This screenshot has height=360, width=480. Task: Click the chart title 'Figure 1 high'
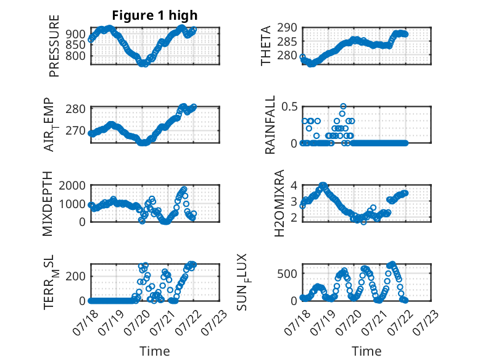(155, 15)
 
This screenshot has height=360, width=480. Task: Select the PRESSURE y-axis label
(54, 46)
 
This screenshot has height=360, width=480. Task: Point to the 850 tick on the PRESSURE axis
(76, 45)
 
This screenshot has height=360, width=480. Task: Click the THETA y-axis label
(266, 46)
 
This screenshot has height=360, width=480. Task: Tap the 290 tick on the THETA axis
(287, 28)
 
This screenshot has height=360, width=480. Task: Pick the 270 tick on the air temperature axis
(75, 130)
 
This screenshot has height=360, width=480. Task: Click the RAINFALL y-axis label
(270, 125)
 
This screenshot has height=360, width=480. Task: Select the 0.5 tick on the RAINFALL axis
(289, 107)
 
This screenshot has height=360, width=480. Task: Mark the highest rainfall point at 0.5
(343, 106)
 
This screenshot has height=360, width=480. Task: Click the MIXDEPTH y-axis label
(48, 204)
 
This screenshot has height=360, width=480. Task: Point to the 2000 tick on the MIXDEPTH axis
(72, 185)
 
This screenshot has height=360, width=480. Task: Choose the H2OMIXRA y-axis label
(279, 203)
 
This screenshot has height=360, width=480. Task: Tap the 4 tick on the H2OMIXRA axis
(294, 185)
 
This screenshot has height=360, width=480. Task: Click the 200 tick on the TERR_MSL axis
(76, 277)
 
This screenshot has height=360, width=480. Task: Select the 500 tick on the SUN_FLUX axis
(287, 274)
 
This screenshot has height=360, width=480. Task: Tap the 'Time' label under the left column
(155, 351)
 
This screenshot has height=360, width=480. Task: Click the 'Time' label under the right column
(366, 351)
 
